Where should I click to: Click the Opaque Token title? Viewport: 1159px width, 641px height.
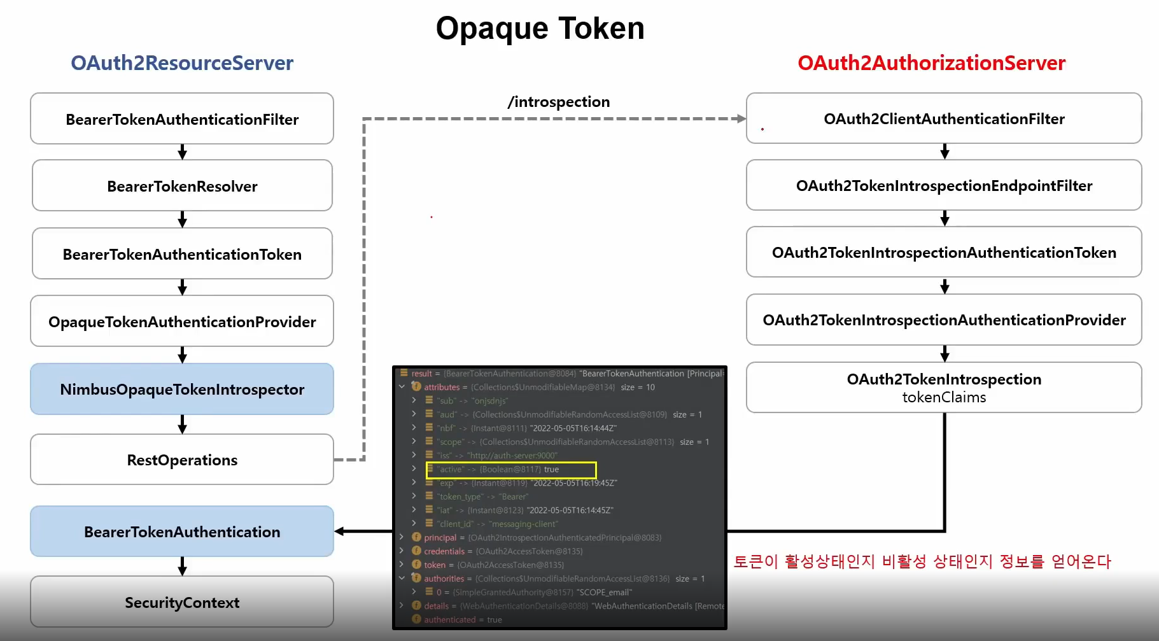tap(540, 29)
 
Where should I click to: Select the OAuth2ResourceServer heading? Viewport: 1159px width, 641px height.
tap(182, 63)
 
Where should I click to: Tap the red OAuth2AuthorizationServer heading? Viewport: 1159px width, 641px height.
tap(931, 63)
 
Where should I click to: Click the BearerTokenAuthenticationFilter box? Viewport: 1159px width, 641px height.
tap(182, 119)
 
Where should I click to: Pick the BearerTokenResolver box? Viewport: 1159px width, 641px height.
tap(182, 186)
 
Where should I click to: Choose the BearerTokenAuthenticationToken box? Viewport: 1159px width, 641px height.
tap(182, 254)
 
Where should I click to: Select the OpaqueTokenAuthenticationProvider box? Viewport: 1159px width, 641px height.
tap(182, 321)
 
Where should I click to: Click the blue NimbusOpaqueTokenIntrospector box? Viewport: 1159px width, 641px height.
tap(182, 389)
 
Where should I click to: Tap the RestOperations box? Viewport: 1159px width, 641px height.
tap(182, 460)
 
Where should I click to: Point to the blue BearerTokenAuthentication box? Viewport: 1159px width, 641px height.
tap(182, 532)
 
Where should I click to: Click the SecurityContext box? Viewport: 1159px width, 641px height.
tap(182, 602)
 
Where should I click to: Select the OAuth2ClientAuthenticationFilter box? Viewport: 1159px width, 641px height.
tap(944, 118)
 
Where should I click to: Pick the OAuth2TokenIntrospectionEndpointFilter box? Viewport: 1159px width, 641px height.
tap(944, 185)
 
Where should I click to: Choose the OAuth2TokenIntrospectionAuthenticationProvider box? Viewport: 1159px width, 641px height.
tap(944, 320)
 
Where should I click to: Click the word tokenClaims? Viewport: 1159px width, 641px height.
tap(944, 398)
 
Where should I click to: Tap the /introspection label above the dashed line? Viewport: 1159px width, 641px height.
tap(558, 102)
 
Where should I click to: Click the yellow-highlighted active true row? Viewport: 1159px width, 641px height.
tap(511, 470)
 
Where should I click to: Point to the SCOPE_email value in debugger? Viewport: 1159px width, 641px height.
tap(604, 593)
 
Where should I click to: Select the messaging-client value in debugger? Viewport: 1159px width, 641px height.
tap(524, 524)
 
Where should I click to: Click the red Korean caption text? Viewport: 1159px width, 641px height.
tap(922, 561)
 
